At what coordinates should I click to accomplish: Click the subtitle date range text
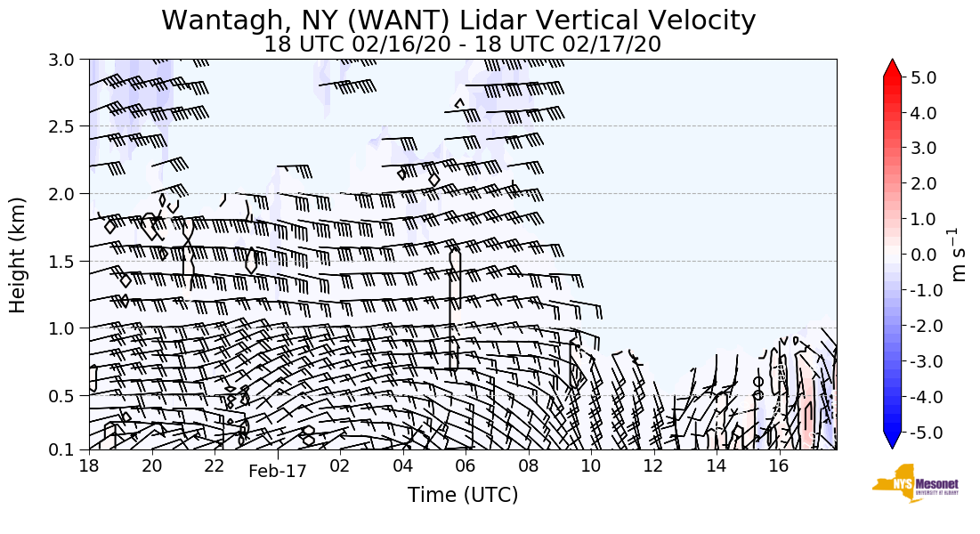coord(462,44)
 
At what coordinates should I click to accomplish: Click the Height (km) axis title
coord(19,255)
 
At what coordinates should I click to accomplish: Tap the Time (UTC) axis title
coord(462,495)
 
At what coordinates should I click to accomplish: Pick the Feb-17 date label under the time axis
coord(277,472)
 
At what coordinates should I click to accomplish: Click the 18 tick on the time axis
coord(88,465)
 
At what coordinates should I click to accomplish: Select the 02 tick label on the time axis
coord(339,465)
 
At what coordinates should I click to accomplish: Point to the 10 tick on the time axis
coord(590,465)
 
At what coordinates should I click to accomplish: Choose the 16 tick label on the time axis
coord(778,465)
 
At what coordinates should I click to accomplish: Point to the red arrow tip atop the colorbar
coord(892,68)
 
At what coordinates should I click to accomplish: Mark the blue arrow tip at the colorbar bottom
coord(892,442)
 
